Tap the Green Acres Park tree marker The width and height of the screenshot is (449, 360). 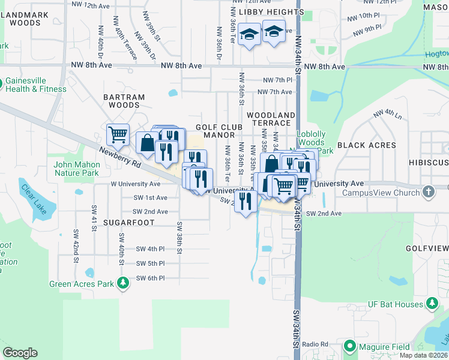click(x=123, y=282)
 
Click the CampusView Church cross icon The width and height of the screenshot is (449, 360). click(x=427, y=192)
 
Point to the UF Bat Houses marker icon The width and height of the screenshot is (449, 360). click(x=432, y=304)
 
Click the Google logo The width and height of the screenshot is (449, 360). click(x=20, y=353)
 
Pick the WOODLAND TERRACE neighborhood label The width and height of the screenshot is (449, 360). click(x=271, y=118)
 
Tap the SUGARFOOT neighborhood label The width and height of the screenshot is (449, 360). click(x=129, y=223)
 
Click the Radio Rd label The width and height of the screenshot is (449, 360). click(x=315, y=344)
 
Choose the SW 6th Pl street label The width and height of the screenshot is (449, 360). click(x=149, y=278)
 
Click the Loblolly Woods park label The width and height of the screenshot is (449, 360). click(x=311, y=139)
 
